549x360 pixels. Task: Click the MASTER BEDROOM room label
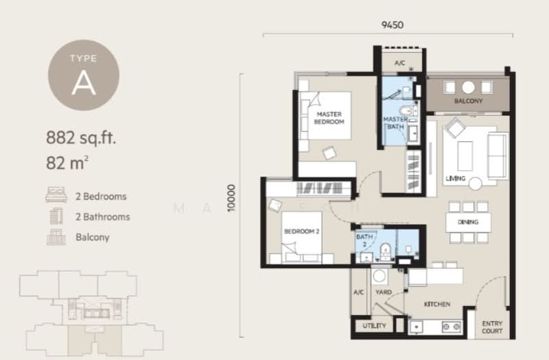click(329, 118)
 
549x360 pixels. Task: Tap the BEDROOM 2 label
click(303, 232)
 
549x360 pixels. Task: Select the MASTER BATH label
click(395, 123)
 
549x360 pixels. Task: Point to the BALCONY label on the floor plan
click(468, 101)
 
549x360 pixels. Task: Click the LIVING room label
click(455, 179)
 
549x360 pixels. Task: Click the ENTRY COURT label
click(492, 327)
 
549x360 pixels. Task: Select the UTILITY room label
click(374, 326)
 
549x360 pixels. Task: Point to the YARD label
click(384, 293)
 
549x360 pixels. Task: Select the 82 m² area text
click(69, 163)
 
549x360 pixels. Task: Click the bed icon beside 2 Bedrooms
click(54, 196)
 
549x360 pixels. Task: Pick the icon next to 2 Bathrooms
click(54, 217)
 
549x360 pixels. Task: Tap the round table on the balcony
click(468, 87)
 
